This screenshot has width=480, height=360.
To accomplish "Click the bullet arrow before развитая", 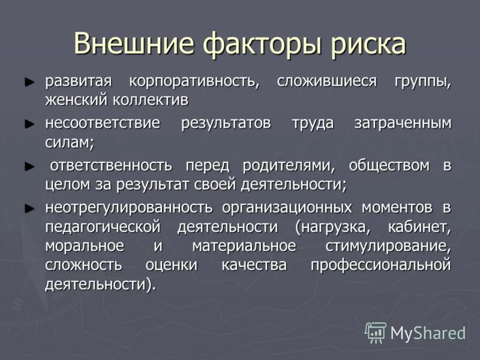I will click(29, 80).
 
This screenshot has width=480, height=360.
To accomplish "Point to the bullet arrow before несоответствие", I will click(29, 123).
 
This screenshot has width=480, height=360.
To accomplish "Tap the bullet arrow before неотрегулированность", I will click(29, 208).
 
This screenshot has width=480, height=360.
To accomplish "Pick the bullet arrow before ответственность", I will click(29, 165).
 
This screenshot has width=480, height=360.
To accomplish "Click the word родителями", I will click(284, 166).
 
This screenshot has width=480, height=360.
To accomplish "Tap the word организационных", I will click(287, 208).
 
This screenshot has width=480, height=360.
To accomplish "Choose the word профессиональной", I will click(380, 265).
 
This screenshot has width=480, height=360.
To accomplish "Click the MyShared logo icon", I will click(376, 332).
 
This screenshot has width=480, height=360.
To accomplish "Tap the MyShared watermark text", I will click(428, 333).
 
